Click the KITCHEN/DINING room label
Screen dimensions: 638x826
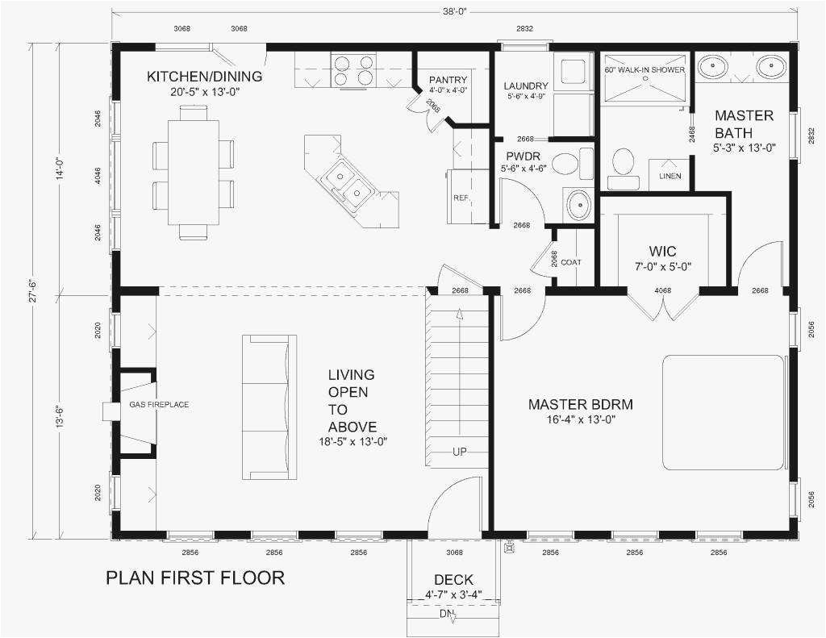pyautogui.click(x=204, y=77)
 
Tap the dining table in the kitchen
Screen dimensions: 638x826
pyautogui.click(x=194, y=172)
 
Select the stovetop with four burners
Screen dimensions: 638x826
pyautogui.click(x=354, y=70)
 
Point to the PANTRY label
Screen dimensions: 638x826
pyautogui.click(x=448, y=80)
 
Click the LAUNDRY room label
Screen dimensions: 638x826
pyautogui.click(x=526, y=86)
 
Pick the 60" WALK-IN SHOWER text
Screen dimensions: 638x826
pyautogui.click(x=645, y=69)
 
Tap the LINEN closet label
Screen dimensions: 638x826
pyautogui.click(x=670, y=176)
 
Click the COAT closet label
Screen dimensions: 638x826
pyautogui.click(x=571, y=262)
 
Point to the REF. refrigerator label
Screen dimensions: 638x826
pyautogui.click(x=461, y=198)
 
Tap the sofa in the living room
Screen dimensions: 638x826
pyautogui.click(x=269, y=407)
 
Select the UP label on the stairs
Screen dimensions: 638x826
pyautogui.click(x=459, y=452)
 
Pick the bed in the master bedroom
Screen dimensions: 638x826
pyautogui.click(x=724, y=412)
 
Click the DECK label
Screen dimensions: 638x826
pyautogui.click(x=453, y=580)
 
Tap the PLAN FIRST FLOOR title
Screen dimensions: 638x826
pyautogui.click(x=195, y=578)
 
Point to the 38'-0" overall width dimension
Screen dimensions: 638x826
pyautogui.click(x=454, y=12)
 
